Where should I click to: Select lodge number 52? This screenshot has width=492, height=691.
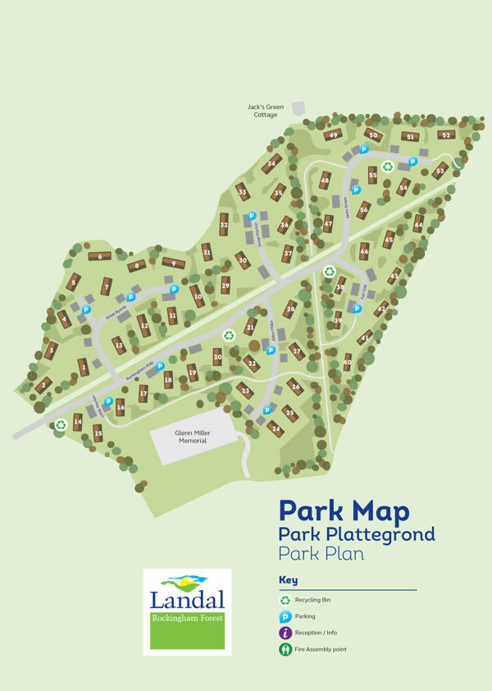coord(446,135)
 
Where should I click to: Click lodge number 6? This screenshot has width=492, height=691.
coord(99,257)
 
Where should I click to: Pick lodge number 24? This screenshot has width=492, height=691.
coord(276,428)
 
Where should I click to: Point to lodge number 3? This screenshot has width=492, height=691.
coord(52,350)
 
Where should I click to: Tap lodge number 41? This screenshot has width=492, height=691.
coord(365,336)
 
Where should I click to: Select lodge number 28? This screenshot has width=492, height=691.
coord(289,309)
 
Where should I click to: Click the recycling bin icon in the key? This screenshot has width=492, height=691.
coord(286,601)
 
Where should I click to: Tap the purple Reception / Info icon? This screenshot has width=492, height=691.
coord(286,633)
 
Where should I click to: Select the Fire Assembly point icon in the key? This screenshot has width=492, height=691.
coord(286,650)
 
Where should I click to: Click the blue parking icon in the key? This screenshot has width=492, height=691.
coord(286,616)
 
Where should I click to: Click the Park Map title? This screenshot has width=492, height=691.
coord(344,512)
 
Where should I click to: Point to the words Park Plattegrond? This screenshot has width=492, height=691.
coord(357,535)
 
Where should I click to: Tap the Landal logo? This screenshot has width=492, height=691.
coord(187,611)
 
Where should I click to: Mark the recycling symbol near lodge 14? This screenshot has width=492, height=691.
coord(61,424)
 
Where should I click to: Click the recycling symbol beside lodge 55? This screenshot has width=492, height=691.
coord(387,166)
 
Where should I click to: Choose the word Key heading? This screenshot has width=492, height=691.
coord(288,580)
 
